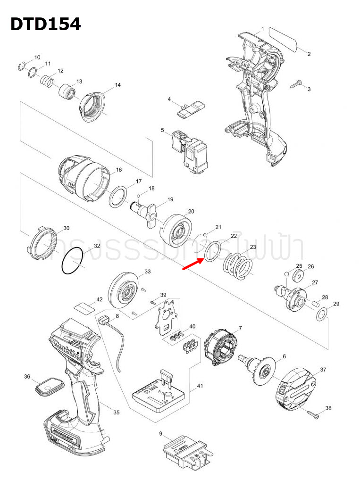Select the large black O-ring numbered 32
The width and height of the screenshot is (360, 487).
click(73, 262)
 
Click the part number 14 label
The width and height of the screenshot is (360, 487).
click(118, 85)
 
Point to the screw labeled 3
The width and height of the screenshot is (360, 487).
click(297, 85)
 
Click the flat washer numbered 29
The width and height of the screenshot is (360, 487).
click(321, 314)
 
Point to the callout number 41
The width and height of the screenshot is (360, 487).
click(200, 386)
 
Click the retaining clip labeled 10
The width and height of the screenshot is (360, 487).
click(21, 66)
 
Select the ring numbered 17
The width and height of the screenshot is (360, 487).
click(119, 196)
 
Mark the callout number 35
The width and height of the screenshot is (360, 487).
click(116, 412)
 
